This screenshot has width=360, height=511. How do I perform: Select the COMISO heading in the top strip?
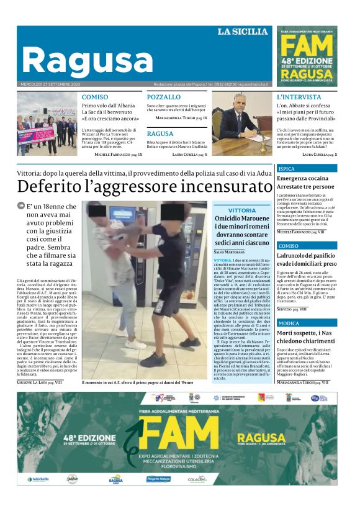coord(94,97)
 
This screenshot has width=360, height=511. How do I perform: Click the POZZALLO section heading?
coord(164,97)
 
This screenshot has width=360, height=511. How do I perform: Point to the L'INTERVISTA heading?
coord(299,97)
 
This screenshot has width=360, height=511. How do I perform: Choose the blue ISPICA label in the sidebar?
coord(287,169)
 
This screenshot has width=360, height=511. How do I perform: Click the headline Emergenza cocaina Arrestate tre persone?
coord(305,182)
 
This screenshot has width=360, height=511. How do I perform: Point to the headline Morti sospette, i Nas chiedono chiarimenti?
coord(305,338)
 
